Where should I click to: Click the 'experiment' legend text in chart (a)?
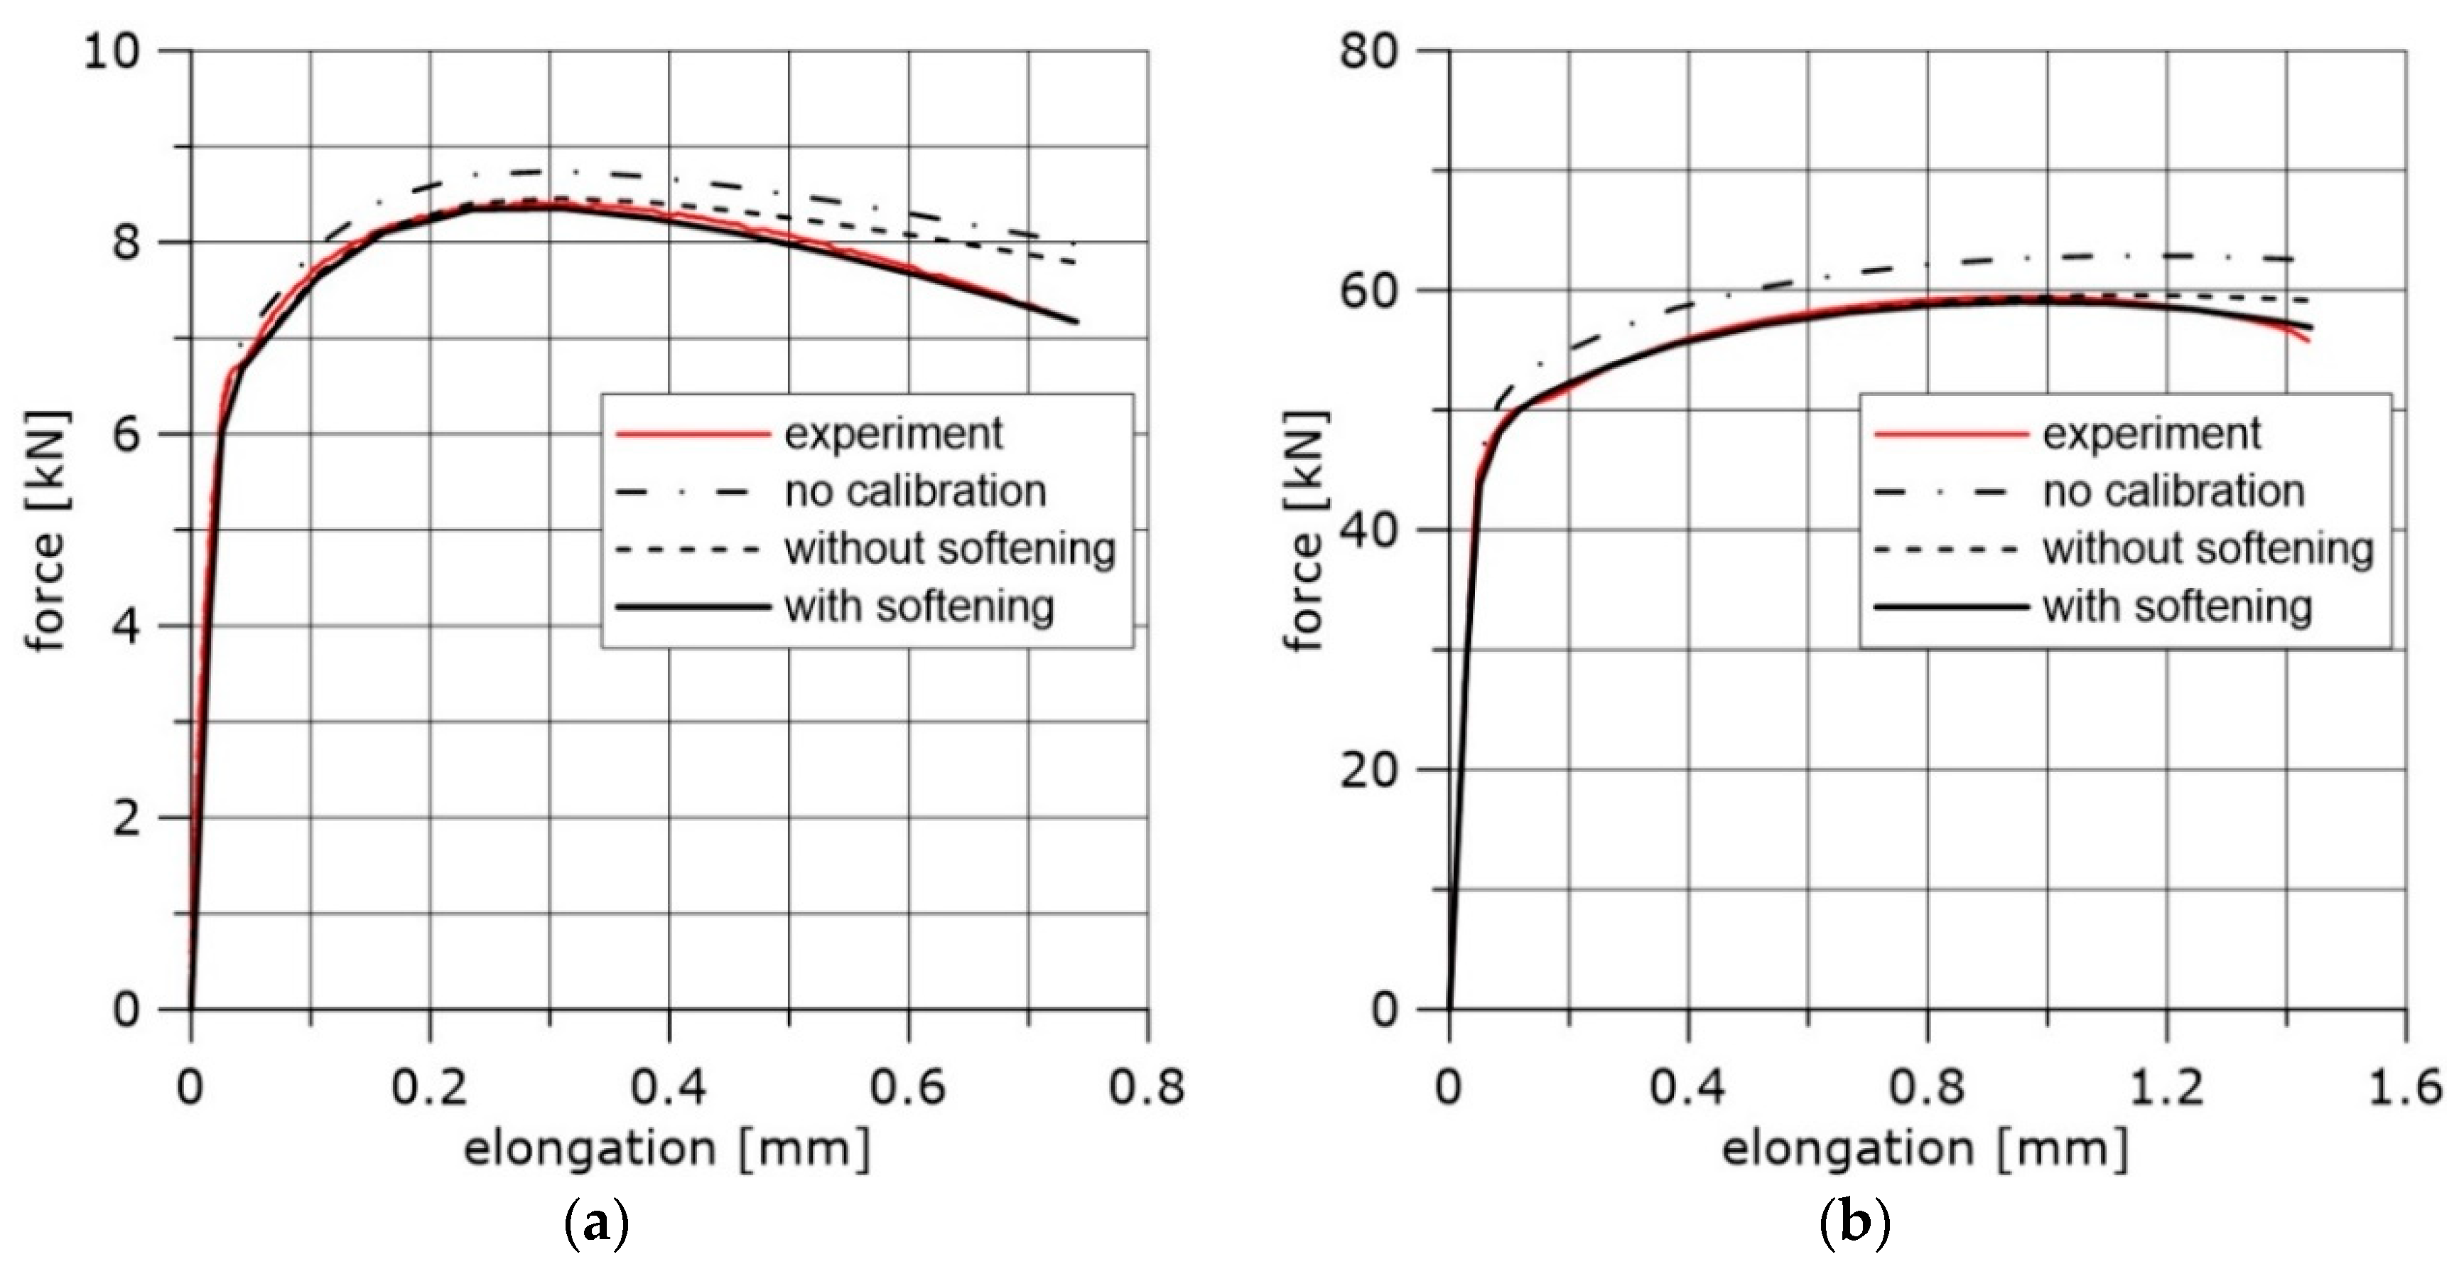(x=894, y=434)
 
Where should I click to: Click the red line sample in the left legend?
(x=692, y=434)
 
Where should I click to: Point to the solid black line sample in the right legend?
(x=1950, y=607)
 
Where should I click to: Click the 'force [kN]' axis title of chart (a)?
(x=45, y=530)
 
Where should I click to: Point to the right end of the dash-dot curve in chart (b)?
(x=2293, y=259)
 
